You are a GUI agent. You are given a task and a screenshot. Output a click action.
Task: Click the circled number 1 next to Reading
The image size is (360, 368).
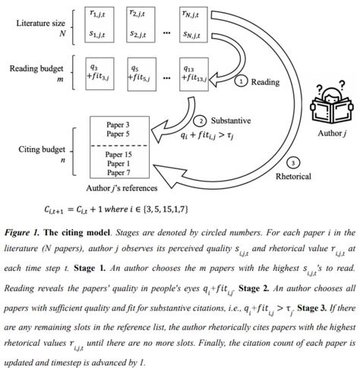pos(241,81)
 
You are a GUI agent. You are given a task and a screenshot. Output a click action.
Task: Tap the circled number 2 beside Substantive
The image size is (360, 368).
pos(201,121)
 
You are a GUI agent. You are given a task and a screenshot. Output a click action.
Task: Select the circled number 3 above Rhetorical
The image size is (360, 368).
pos(293,163)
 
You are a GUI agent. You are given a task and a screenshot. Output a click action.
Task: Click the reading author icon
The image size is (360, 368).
pos(331,103)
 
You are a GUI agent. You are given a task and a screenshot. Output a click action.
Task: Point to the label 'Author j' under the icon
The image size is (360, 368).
pos(332,134)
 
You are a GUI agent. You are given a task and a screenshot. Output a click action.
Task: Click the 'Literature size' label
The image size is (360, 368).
pos(41,24)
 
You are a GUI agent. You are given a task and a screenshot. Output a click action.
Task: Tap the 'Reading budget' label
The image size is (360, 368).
pos(36,68)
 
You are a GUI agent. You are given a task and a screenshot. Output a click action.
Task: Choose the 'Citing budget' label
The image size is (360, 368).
pos(42,149)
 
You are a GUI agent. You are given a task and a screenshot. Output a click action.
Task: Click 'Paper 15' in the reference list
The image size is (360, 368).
pos(118,154)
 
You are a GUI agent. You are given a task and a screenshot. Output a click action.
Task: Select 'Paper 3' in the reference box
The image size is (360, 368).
pos(118,124)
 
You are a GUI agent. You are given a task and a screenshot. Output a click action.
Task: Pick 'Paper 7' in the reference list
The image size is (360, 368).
pos(118,173)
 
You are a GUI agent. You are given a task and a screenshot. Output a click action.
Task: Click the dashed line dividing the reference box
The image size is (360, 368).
pos(119,146)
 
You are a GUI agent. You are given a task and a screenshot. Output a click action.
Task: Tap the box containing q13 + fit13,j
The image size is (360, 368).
pos(194,74)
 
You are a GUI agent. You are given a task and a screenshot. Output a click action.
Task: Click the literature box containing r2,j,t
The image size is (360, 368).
pos(141,24)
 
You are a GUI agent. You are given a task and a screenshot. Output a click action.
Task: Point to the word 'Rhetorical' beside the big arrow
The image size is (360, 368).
pos(293,176)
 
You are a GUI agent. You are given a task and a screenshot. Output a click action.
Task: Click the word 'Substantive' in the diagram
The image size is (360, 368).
pos(231,121)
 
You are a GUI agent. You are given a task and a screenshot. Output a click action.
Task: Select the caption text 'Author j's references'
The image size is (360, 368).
pos(122,188)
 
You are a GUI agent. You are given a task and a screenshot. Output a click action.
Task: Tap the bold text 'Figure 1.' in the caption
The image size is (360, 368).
pos(22,232)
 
